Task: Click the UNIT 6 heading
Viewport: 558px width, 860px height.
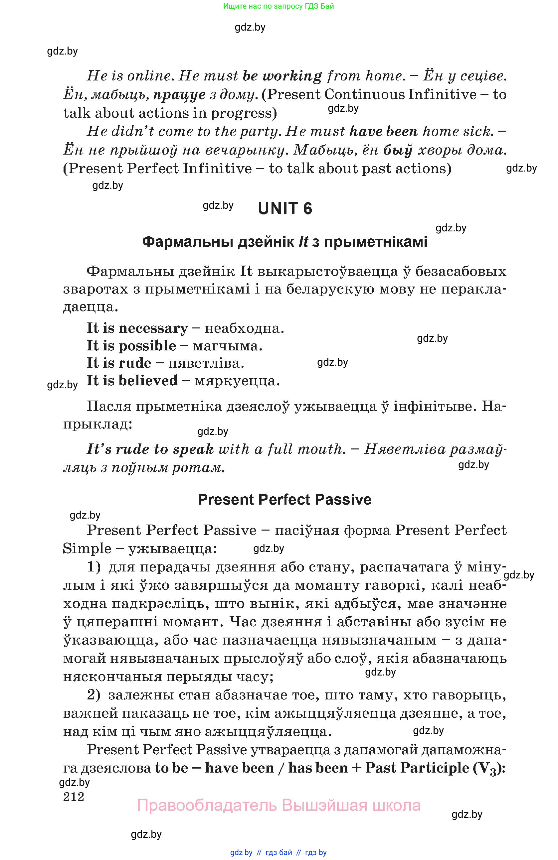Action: click(285, 209)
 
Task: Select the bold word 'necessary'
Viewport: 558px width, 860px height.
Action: click(153, 328)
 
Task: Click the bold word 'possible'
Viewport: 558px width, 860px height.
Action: click(147, 346)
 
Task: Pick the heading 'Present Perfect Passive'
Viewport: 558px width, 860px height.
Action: click(284, 500)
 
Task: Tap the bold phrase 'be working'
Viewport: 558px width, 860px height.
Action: click(282, 76)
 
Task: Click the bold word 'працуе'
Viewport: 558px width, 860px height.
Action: click(179, 95)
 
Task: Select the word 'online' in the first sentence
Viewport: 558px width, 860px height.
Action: click(149, 76)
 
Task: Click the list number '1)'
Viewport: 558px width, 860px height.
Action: click(93, 567)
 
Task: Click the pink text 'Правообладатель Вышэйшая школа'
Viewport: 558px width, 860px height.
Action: click(279, 805)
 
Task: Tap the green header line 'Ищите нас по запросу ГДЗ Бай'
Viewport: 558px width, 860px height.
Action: click(279, 6)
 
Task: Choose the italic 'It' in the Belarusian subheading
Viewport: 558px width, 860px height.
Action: click(303, 242)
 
